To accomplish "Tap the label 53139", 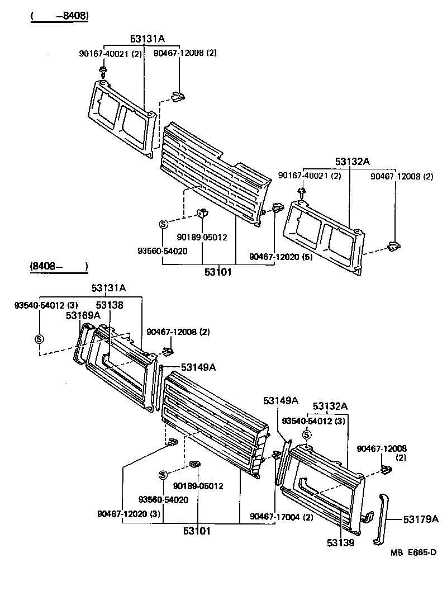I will (341, 542).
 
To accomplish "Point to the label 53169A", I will (83, 315).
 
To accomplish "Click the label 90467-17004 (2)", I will (282, 516).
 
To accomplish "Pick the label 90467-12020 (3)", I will (129, 513).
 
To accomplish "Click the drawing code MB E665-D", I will (413, 552).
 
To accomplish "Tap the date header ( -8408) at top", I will (59, 16).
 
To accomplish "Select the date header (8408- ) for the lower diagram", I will (59, 267).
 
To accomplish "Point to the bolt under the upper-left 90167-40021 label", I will (103, 70).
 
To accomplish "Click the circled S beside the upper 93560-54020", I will (163, 224).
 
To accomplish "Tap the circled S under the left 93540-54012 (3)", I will (39, 339).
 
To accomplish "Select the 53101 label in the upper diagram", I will (217, 272).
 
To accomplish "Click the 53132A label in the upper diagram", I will (353, 162).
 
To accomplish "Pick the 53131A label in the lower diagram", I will (108, 288).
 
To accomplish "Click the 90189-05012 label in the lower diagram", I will (198, 486).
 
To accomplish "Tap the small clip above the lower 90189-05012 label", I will (195, 465).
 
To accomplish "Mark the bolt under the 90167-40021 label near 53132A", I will (302, 193).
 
